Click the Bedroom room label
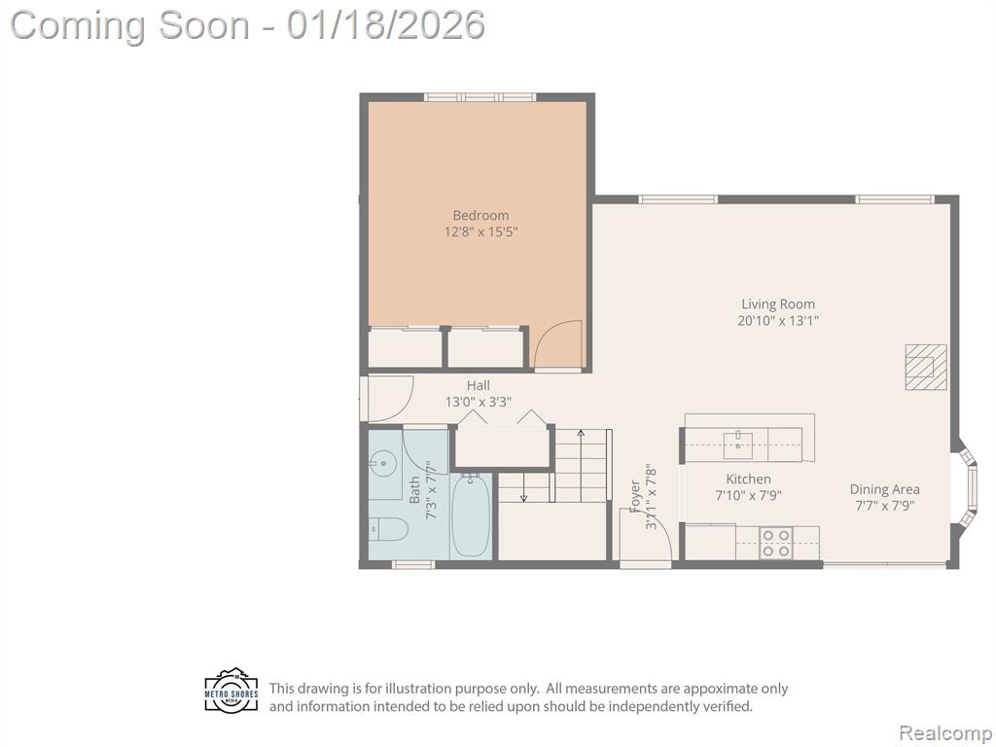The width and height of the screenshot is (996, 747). [480, 215]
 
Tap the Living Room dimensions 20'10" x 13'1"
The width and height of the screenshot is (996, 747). [778, 321]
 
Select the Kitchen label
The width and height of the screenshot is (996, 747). [748, 479]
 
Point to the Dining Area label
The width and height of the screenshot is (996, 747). [885, 490]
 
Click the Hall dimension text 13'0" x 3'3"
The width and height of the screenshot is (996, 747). [479, 402]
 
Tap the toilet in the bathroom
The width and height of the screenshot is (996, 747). [388, 528]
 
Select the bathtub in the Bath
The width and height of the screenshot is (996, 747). [471, 516]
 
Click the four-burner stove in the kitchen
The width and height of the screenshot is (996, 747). [776, 544]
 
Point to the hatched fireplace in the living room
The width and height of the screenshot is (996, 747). [926, 367]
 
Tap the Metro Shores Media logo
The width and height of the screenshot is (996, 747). [231, 691]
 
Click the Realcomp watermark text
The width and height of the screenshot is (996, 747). [944, 733]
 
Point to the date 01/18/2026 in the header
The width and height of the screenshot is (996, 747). [385, 24]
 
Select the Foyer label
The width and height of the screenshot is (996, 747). [635, 496]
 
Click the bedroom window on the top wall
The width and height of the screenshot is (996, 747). [480, 97]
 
